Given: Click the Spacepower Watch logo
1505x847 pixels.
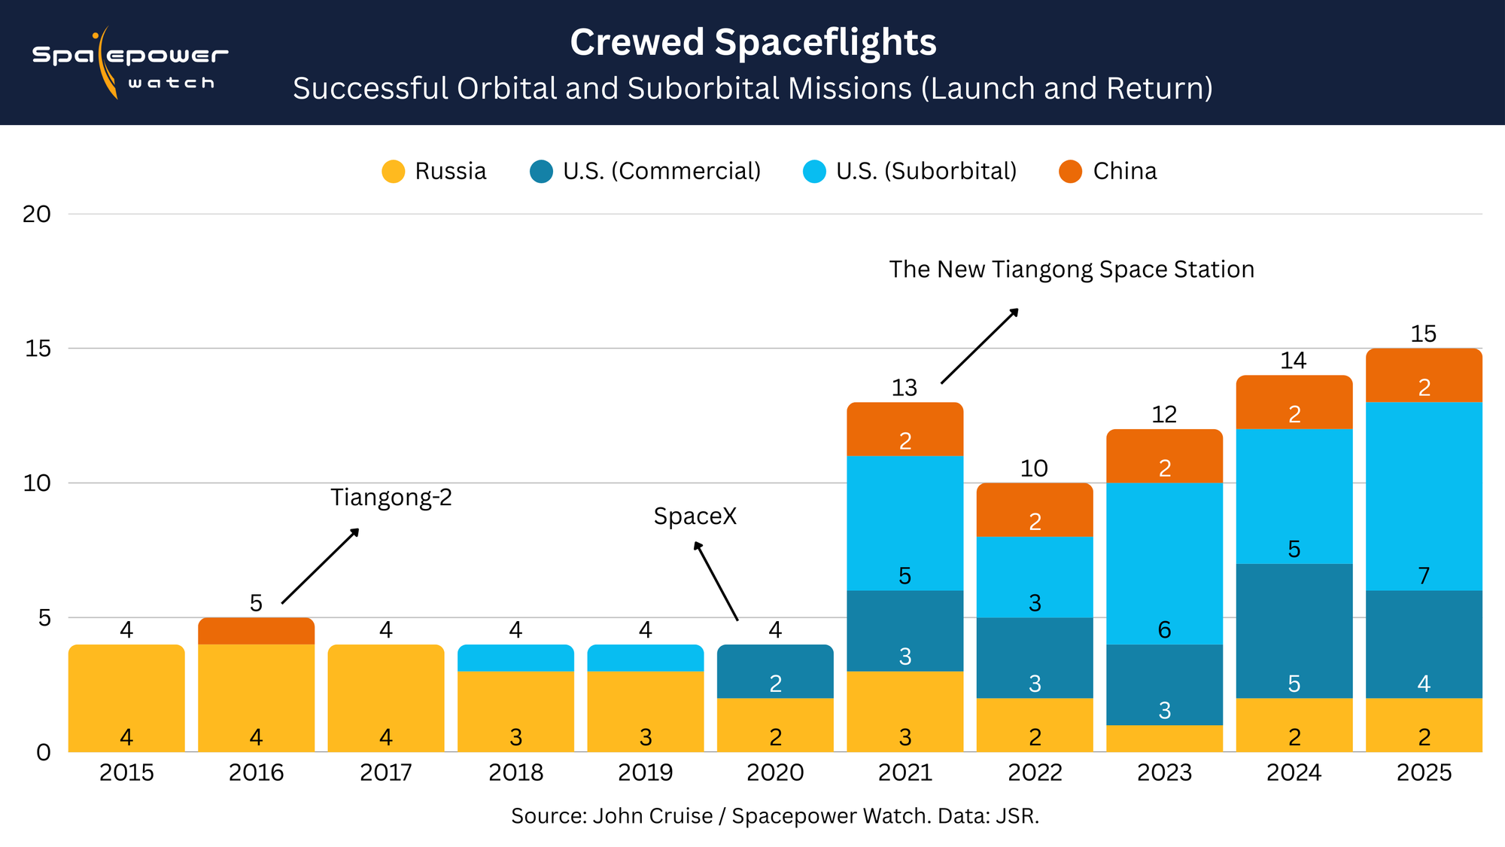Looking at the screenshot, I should click(x=129, y=63).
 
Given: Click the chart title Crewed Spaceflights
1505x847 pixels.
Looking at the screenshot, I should click(x=752, y=42).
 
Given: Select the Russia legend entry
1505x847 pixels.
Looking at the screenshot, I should click(x=434, y=172).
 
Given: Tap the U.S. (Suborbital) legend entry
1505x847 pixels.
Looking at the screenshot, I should click(x=911, y=172).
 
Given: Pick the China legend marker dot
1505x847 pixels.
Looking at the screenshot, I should click(x=1070, y=172).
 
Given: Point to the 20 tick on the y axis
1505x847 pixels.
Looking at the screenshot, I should click(x=36, y=215).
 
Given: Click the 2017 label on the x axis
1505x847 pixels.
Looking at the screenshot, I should click(x=385, y=772).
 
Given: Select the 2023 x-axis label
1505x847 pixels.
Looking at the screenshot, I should click(x=1164, y=772).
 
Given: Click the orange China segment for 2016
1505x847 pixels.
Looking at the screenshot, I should click(x=256, y=632).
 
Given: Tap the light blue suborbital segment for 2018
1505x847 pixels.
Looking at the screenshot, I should click(x=515, y=658).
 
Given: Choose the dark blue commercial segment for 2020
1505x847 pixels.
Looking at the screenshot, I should click(x=775, y=672).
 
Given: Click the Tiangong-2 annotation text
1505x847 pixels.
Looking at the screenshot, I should click(x=391, y=498).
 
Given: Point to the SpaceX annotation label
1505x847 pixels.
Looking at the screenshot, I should click(x=695, y=516).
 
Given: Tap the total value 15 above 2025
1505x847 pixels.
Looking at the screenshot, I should click(x=1423, y=334).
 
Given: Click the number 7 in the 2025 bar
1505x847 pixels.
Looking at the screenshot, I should click(x=1424, y=576).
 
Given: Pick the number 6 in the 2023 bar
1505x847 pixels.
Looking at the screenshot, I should click(x=1164, y=630).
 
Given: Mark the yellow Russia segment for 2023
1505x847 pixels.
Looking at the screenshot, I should click(x=1164, y=739).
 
